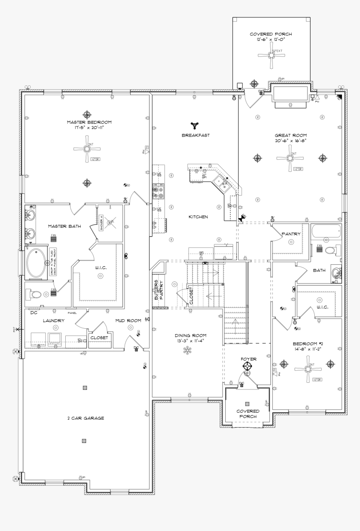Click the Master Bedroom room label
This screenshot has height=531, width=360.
(89, 122)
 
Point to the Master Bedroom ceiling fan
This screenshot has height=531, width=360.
(87, 149)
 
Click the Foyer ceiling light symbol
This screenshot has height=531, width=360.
(248, 367)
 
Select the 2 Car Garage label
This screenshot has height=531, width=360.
(85, 418)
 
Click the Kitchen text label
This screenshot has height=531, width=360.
(198, 217)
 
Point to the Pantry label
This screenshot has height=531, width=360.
(291, 234)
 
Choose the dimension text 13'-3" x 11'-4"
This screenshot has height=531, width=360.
(190, 341)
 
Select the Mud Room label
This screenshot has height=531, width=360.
(128, 320)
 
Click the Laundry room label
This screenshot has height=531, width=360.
(54, 320)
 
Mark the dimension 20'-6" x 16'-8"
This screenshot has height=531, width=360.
(291, 141)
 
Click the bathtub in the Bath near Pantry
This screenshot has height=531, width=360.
(326, 231)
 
